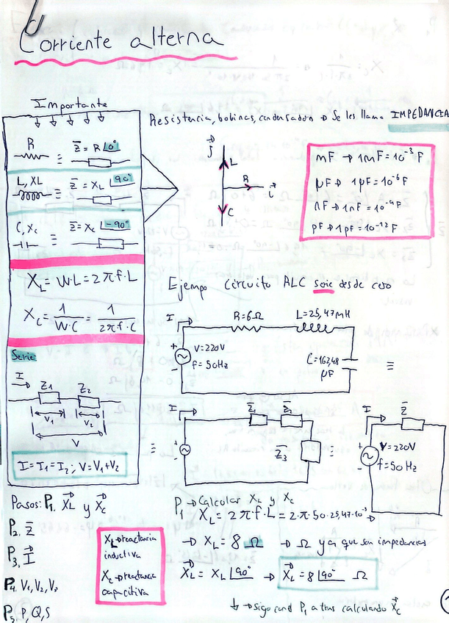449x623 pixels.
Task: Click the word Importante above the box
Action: [71, 105]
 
